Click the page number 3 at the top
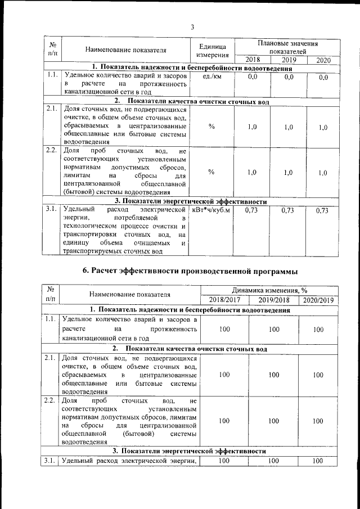coord(192,26)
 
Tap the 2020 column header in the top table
coord(323,60)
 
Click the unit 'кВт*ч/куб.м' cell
coord(211,210)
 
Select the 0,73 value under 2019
coord(289,210)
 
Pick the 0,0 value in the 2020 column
coord(323,77)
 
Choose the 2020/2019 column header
coord(318,300)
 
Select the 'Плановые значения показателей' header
coord(287,47)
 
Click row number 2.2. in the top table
coord(52,151)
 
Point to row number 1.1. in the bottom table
coord(50,319)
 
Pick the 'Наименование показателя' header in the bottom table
coord(129,294)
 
